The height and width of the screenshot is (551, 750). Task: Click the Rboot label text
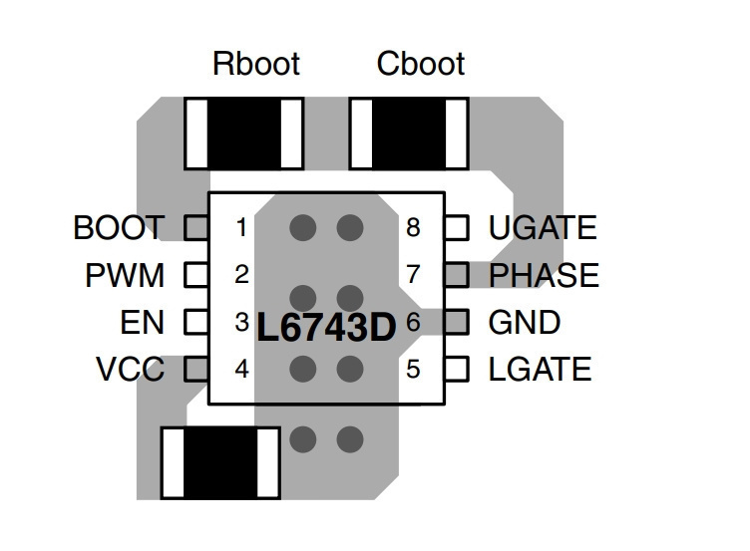256,64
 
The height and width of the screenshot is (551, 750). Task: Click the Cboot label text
421,64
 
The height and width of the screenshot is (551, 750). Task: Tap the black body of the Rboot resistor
244,133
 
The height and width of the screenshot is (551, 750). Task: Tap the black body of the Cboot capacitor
409,133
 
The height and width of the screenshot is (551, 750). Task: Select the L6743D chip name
327,328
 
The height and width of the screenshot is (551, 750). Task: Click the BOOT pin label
119,227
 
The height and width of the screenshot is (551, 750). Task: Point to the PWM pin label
125,275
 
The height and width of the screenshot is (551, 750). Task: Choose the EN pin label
142,322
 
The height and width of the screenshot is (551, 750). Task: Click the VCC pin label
130,369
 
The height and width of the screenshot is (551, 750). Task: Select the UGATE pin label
543,227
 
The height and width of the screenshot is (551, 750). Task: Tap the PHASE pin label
544,275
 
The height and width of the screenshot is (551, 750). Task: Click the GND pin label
525,322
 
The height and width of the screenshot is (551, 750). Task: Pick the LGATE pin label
540,369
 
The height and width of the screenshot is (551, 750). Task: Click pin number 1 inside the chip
241,227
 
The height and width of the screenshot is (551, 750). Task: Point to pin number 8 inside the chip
413,227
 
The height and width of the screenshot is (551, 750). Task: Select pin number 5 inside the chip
413,370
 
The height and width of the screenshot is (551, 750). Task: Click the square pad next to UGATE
457,227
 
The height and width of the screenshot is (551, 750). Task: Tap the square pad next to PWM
196,275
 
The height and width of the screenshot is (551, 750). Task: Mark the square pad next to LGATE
457,369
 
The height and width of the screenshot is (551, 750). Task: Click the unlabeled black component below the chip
220,463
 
